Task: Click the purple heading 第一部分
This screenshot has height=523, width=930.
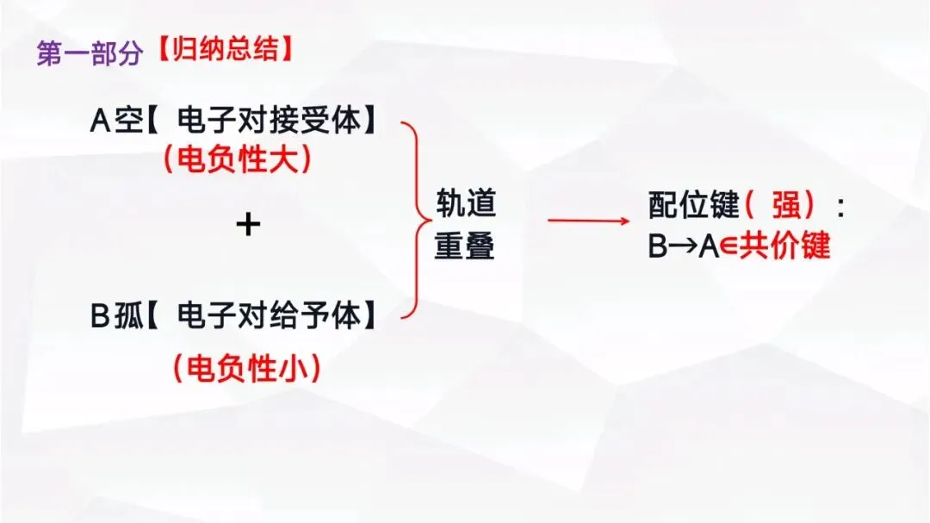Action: pos(89,53)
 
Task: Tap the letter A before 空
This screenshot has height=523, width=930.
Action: pos(101,121)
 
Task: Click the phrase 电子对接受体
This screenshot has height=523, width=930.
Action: pos(268,121)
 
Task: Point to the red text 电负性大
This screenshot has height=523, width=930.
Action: pos(238,159)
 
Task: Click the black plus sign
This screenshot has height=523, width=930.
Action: pos(248,225)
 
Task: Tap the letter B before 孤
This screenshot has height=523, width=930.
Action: pos(101,316)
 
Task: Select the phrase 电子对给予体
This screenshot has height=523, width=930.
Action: pos(268,316)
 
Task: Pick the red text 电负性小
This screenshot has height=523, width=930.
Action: pos(246,368)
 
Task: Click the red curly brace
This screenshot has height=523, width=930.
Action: pos(415,220)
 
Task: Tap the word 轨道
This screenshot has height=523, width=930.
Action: pos(465,205)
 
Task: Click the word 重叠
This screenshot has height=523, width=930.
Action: pos(465,246)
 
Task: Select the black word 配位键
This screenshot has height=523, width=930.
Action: pos(693,205)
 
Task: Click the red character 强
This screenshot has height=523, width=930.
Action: pos(780,205)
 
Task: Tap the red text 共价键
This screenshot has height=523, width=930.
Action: pos(784,246)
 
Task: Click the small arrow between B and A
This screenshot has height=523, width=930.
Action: pos(684,247)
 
